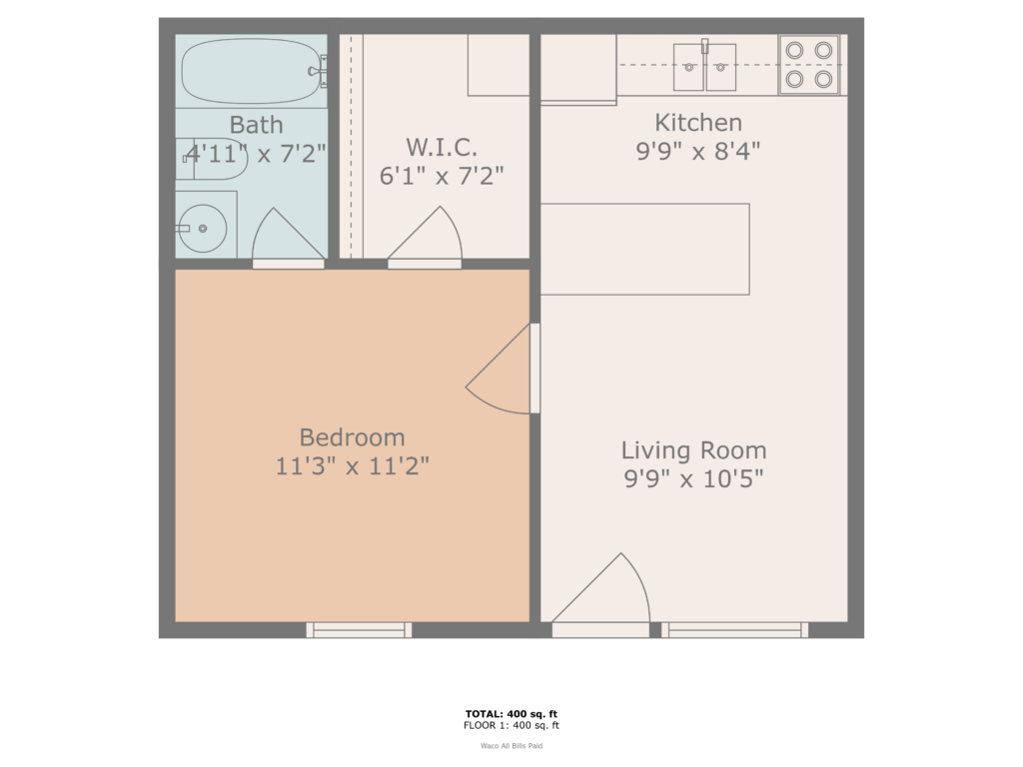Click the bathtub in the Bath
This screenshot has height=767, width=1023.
[250, 72]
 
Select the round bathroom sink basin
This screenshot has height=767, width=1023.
[203, 228]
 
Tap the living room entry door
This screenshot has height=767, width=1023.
[603, 593]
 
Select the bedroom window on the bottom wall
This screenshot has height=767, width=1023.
[359, 629]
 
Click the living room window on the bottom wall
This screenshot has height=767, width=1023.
[734, 629]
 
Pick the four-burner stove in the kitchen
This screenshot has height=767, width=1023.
[809, 64]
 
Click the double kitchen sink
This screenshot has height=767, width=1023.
[704, 67]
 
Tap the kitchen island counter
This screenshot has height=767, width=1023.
[644, 249]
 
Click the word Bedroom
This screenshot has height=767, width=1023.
[353, 437]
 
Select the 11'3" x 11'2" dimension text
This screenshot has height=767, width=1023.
[353, 465]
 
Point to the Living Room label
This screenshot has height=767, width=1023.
[693, 450]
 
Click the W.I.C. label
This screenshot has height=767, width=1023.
[441, 148]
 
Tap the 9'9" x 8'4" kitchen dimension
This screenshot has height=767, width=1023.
[698, 151]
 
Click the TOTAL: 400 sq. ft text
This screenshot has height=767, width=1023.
[511, 714]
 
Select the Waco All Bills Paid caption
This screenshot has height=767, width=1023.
[511, 745]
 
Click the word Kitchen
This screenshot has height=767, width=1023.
[698, 123]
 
